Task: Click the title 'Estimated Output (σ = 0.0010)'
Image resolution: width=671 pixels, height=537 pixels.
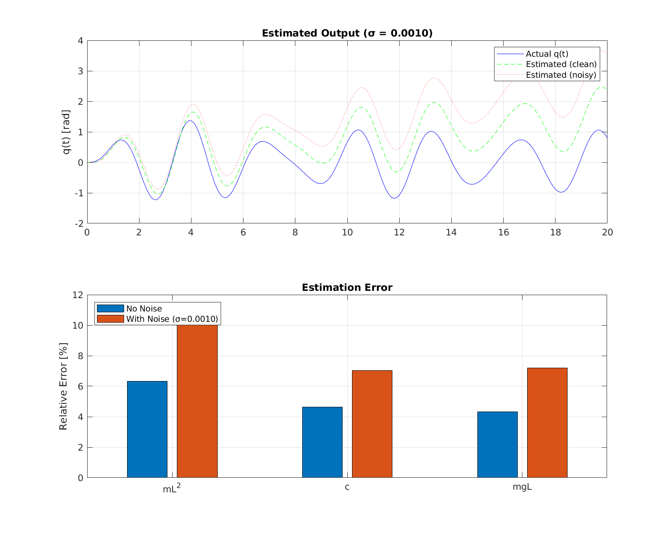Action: (347, 34)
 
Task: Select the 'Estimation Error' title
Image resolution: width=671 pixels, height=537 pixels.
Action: (347, 288)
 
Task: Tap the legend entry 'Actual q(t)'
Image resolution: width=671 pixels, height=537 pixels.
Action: (547, 54)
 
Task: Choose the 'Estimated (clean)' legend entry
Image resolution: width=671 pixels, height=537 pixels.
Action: (561, 64)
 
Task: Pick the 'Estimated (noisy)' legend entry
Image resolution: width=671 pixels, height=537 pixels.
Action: (561, 75)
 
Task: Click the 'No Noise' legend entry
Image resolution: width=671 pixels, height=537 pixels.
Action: (144, 308)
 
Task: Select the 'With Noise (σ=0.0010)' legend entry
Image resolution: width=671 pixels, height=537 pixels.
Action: (172, 319)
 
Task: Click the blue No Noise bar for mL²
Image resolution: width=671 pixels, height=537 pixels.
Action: (147, 429)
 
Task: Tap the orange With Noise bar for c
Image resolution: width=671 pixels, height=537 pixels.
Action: (372, 424)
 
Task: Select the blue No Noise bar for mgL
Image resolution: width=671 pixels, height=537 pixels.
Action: (498, 444)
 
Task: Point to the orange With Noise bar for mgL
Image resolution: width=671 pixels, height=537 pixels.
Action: (547, 422)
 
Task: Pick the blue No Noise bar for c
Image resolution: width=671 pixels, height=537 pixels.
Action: (322, 442)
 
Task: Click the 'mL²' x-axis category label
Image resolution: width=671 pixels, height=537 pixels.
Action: (171, 488)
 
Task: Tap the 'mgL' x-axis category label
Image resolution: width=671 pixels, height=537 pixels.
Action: (522, 487)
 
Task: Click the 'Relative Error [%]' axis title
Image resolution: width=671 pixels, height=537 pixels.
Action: (64, 386)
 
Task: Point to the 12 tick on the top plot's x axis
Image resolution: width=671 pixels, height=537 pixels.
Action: (399, 232)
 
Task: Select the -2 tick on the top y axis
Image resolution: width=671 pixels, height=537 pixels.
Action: (79, 224)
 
